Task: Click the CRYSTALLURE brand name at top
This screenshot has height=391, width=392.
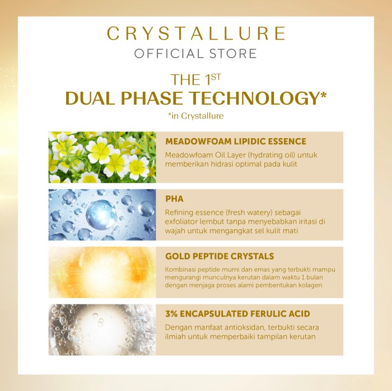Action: [x=196, y=33]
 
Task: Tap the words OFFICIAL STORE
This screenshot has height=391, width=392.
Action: [x=195, y=54]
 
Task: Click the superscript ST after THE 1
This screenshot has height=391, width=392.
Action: [x=216, y=77]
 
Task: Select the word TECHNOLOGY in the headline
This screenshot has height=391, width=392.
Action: [x=257, y=98]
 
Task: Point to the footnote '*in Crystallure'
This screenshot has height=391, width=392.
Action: [x=196, y=116]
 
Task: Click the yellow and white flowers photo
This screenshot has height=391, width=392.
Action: [x=102, y=157]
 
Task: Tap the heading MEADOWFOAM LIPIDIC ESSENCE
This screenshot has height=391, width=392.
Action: [x=236, y=142]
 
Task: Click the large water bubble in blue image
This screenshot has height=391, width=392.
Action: [x=101, y=214]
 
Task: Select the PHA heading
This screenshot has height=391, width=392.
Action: [x=174, y=199]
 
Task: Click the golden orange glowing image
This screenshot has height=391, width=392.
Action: [x=102, y=272]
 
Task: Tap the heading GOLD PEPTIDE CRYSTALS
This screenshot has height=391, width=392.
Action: [x=220, y=256]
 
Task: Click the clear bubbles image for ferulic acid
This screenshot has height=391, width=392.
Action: [x=102, y=329]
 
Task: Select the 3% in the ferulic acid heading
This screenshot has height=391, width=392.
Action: [x=171, y=314]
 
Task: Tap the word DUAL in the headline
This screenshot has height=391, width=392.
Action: [x=88, y=98]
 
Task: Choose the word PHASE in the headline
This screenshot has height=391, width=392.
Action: [x=152, y=98]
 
